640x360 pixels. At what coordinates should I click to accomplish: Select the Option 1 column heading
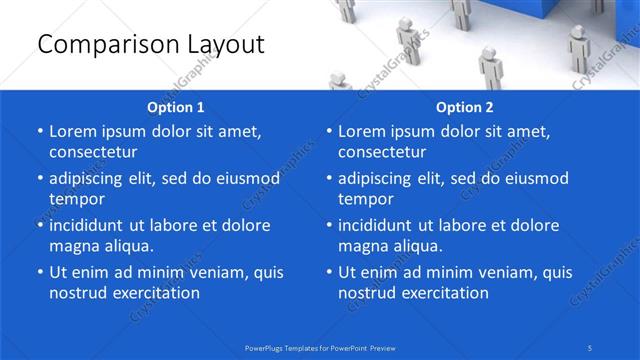click(x=176, y=107)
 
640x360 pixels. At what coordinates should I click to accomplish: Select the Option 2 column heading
click(x=465, y=107)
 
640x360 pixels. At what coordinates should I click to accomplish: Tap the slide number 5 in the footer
click(x=591, y=347)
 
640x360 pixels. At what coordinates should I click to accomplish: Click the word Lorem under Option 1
click(x=74, y=131)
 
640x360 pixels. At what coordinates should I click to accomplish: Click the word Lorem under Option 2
click(x=363, y=131)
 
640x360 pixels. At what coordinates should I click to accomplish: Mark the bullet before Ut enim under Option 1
click(x=39, y=272)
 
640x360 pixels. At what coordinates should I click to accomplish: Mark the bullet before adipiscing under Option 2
click(x=328, y=179)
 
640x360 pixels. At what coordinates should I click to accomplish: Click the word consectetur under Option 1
click(x=93, y=152)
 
